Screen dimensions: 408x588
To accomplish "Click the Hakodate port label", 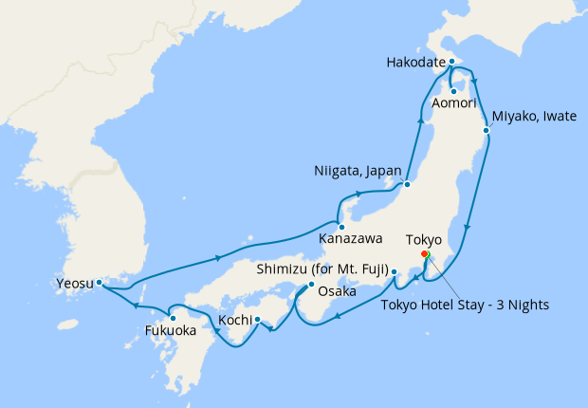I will [415, 63].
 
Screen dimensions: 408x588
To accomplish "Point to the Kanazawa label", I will [345, 237].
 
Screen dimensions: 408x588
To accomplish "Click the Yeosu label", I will [73, 282].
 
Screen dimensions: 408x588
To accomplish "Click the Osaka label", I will [336, 291].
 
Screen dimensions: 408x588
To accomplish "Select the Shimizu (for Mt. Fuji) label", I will [322, 269].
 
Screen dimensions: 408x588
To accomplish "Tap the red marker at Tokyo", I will [424, 253].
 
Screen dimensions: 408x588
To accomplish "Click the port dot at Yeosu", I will [99, 282].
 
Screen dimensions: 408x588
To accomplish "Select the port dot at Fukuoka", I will [172, 318].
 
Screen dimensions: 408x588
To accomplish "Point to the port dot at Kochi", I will [257, 319].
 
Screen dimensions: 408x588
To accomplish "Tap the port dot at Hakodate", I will [451, 62].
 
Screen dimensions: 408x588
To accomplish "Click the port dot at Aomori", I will [453, 90].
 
